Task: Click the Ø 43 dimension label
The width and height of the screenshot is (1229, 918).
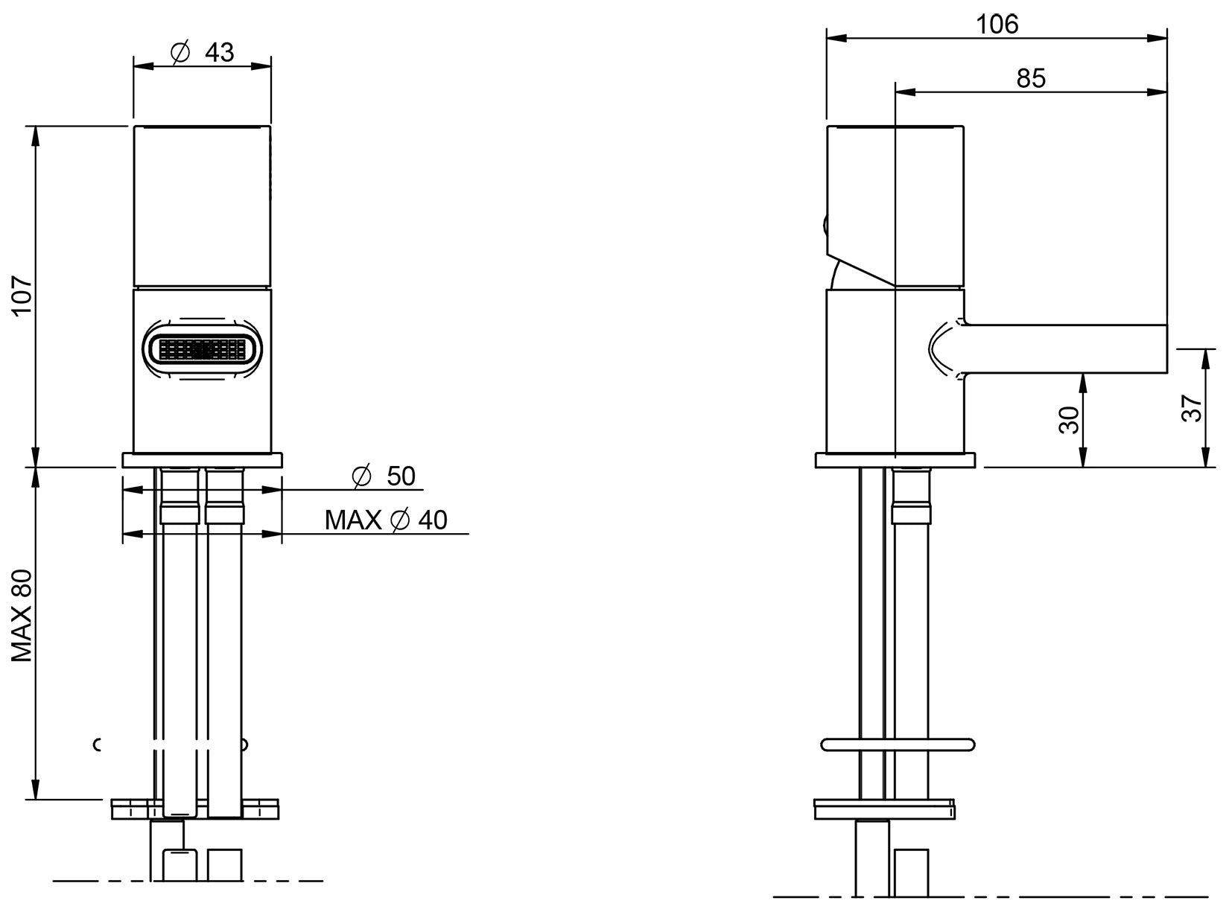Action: tap(203, 52)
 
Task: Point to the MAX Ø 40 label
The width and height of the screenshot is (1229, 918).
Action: tap(386, 520)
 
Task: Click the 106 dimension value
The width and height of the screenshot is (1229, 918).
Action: tap(997, 25)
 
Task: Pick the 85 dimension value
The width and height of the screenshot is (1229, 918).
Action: tap(1031, 78)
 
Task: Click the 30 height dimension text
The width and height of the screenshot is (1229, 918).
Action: tap(1068, 420)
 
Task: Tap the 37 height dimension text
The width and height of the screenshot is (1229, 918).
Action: tap(1192, 408)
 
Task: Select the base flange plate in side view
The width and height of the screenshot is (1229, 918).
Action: tap(895, 461)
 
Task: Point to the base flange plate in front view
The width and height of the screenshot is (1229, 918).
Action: tap(203, 460)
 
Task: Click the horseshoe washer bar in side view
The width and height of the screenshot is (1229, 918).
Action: tap(897, 744)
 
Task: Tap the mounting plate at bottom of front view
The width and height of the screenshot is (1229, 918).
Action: tap(195, 809)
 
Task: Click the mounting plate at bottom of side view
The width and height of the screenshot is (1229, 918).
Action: tap(884, 809)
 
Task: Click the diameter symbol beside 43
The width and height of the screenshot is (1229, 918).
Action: tap(180, 53)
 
